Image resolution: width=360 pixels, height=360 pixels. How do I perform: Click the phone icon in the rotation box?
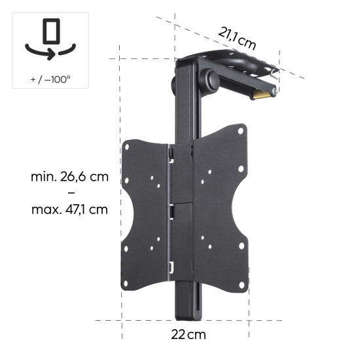point(50,31)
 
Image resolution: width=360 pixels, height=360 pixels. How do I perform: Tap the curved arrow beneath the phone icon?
point(50,50)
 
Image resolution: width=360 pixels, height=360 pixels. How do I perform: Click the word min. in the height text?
point(43,177)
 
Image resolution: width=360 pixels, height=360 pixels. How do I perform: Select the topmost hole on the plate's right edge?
point(241,131)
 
